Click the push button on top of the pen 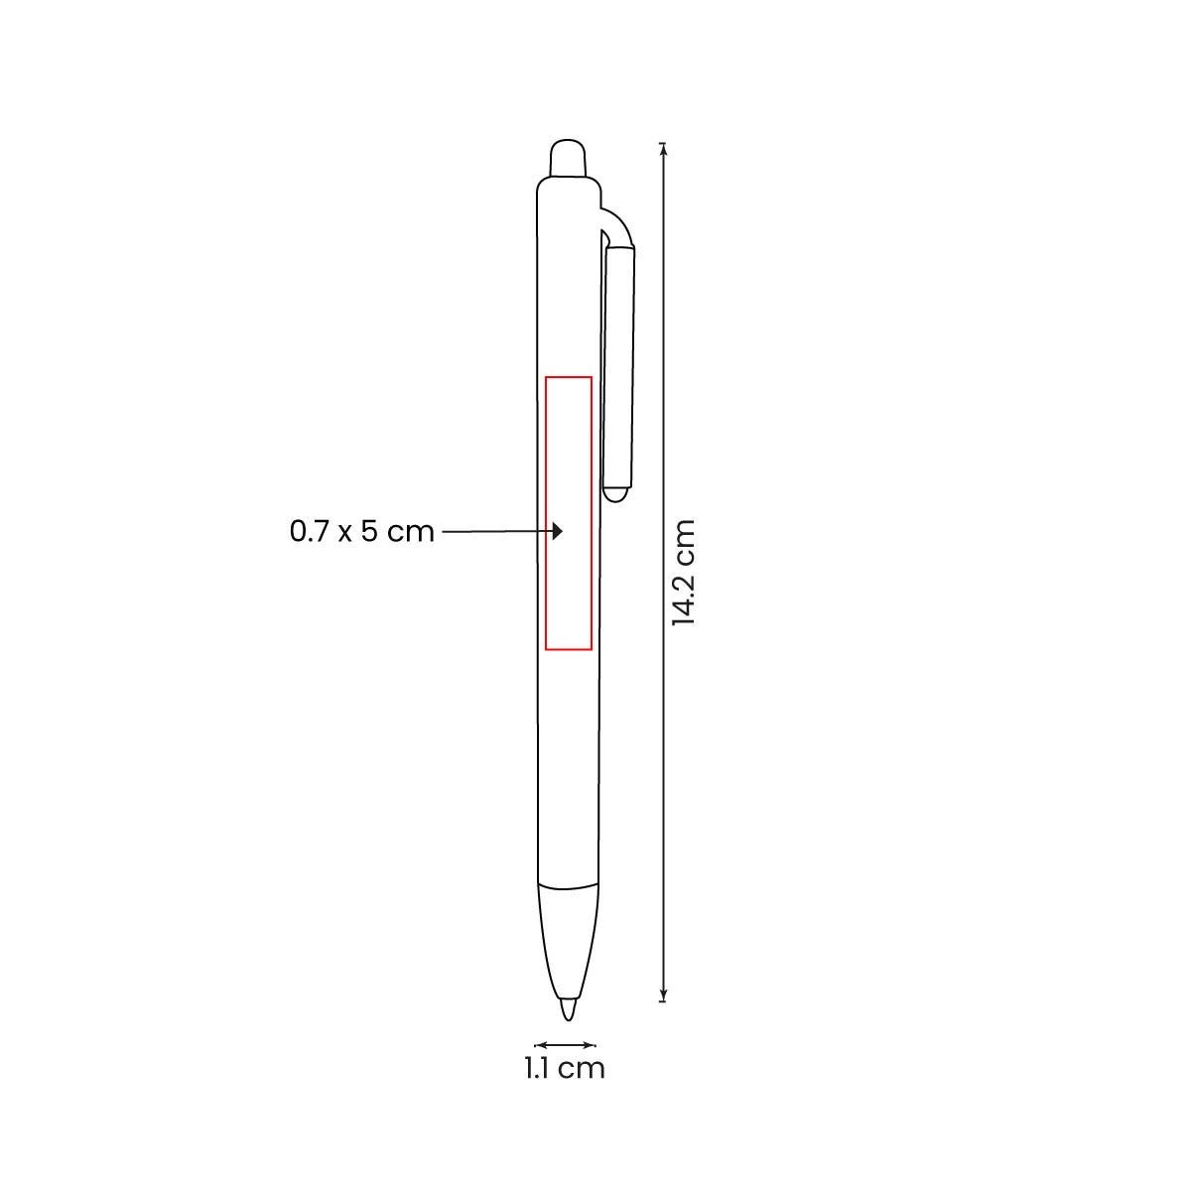[568, 159]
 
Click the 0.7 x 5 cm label [361, 532]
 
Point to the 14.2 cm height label [684, 573]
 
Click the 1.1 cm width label [565, 1069]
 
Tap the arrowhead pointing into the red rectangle [558, 531]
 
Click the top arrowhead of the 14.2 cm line [663, 147]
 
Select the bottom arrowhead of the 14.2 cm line [663, 996]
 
